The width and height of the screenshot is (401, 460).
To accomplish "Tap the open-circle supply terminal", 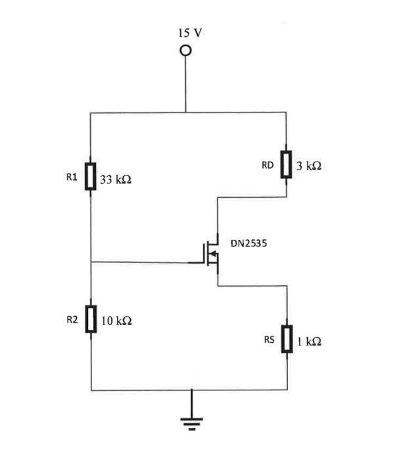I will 186,51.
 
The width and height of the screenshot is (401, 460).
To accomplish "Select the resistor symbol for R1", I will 91,177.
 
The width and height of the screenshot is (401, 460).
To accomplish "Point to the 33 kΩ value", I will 116,179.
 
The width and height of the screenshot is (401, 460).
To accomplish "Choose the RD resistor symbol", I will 287,165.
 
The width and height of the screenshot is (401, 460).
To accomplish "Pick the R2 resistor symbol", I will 91,319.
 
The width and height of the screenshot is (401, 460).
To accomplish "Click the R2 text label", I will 72,320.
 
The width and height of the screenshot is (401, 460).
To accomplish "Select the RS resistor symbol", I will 287,339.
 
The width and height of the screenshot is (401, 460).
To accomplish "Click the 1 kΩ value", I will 308,342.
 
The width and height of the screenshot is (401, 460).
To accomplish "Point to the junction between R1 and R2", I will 91,262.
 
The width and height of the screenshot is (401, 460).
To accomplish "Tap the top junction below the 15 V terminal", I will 186,112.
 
